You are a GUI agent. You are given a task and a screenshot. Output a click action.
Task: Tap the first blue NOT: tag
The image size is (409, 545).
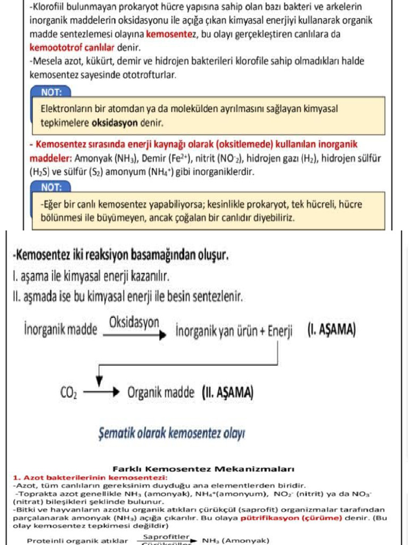coord(52,92)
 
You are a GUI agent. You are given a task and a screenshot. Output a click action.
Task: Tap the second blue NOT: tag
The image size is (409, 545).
coord(52,187)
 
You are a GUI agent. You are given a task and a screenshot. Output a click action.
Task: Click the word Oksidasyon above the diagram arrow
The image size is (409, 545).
coord(134,322)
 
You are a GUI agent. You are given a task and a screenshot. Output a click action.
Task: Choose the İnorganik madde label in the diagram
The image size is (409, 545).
coord(61,330)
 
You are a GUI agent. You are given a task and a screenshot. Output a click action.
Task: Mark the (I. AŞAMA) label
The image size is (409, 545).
coord(331,329)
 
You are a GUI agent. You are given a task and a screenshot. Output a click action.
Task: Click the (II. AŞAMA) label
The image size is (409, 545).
coord(228,393)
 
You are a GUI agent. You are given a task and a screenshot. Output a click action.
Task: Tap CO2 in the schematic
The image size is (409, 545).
coord(69,394)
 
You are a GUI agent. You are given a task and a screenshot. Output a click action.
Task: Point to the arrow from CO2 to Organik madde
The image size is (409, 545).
coord(101,394)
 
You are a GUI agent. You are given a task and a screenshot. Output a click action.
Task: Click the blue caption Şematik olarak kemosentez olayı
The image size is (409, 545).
coord(171,432)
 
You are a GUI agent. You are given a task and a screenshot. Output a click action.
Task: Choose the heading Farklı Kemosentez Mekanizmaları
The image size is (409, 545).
coord(204,469)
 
